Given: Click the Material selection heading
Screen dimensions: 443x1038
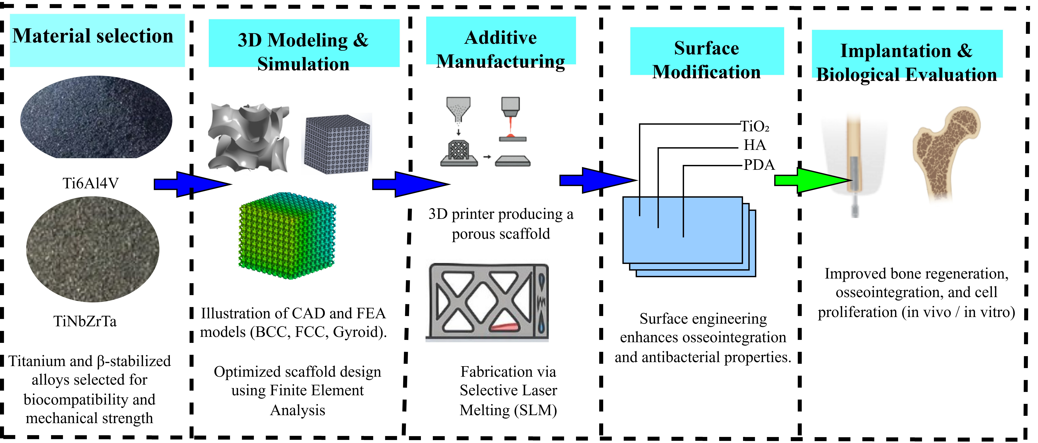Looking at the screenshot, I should click(x=93, y=36).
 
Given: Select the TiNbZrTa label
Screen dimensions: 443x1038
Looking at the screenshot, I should click(x=85, y=321).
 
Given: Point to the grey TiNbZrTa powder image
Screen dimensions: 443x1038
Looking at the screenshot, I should click(x=93, y=249).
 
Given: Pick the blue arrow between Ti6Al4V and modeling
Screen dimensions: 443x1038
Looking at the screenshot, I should click(x=192, y=184).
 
